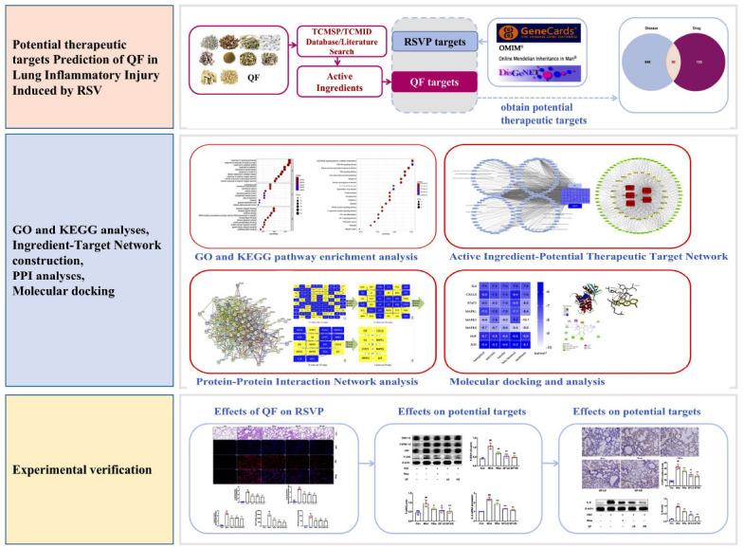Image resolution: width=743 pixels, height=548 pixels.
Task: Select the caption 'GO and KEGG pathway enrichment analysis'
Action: pos(311,256)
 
